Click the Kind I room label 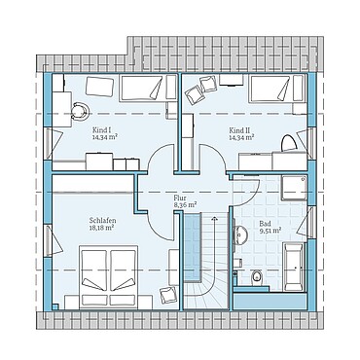pyautogui.click(x=102, y=130)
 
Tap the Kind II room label pyautogui.click(x=239, y=130)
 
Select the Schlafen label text pyautogui.click(x=102, y=221)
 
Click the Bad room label pyautogui.click(x=265, y=224)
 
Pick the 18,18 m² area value pyautogui.click(x=101, y=228)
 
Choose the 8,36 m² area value pyautogui.click(x=186, y=204)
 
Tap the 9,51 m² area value pyautogui.click(x=270, y=231)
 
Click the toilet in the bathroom pyautogui.click(x=257, y=278)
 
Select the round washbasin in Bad pyautogui.click(x=240, y=234)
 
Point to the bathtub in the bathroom pyautogui.click(x=295, y=267)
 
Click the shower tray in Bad pyautogui.click(x=294, y=189)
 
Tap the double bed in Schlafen pyautogui.click(x=108, y=277)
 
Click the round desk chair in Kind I pyautogui.click(x=80, y=111)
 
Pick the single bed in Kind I pyautogui.click(x=149, y=89)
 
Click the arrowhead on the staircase pyautogui.click(x=214, y=218)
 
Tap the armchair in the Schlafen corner pyautogui.click(x=168, y=295)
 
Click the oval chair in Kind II pyautogui.click(x=288, y=143)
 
